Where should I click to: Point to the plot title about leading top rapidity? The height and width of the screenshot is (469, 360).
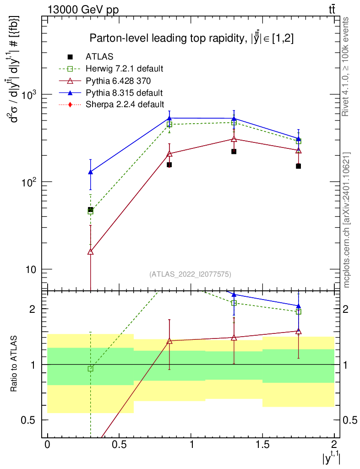click(191, 38)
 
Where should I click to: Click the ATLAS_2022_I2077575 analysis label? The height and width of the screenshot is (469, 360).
click(190, 274)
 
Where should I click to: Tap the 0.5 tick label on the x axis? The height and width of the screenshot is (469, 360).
click(119, 445)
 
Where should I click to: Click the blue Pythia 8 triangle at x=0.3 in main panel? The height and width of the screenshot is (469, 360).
click(91, 172)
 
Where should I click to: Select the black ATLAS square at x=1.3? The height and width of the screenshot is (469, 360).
click(234, 151)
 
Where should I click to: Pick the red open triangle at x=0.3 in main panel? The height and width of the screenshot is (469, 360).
click(91, 251)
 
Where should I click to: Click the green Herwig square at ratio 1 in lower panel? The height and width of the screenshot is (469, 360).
click(91, 369)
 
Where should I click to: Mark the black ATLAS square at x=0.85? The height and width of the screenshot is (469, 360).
click(169, 164)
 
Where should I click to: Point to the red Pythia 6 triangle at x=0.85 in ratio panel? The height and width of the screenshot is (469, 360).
click(169, 341)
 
